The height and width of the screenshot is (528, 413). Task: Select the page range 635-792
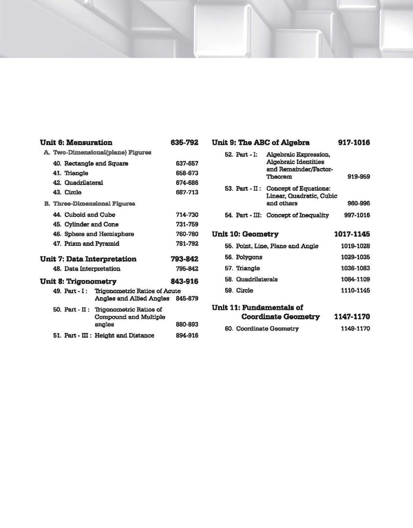click(184, 142)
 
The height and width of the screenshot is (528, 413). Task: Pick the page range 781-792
click(187, 244)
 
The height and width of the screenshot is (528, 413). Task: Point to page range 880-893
click(187, 324)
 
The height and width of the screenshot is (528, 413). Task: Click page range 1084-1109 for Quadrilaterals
click(356, 279)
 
